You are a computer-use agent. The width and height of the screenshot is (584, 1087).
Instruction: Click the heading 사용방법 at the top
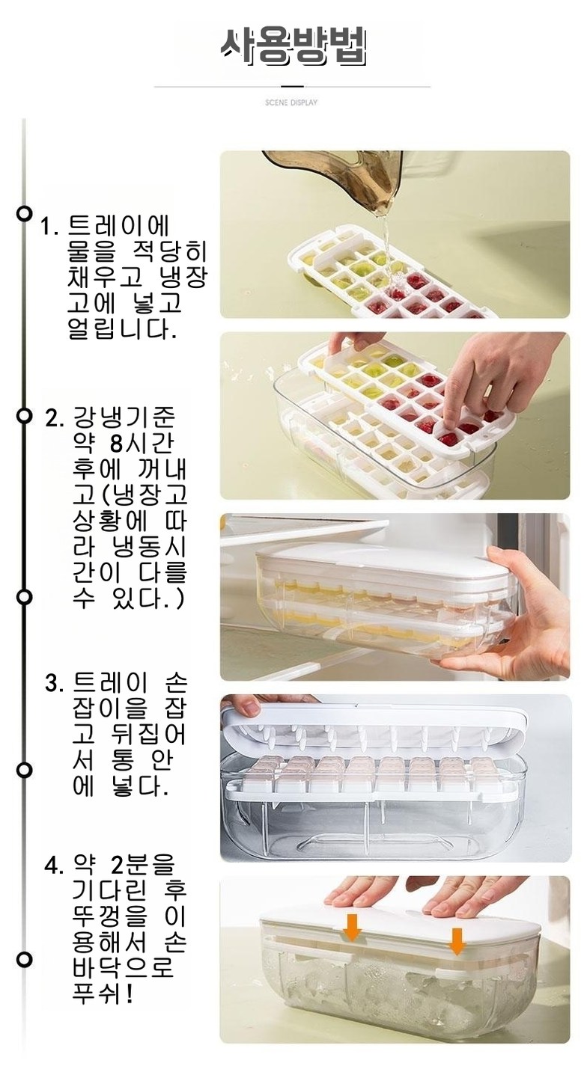point(293,48)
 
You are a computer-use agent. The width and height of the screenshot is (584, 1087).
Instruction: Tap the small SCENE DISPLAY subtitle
point(291,102)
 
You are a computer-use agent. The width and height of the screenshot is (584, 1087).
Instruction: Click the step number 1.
point(49,227)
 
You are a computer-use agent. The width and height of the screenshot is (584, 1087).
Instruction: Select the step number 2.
point(55,417)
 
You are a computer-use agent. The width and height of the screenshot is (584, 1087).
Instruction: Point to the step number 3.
point(55,684)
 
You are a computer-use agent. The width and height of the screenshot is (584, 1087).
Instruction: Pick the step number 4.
point(55,866)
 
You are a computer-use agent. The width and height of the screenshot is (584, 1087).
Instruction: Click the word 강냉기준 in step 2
point(124,417)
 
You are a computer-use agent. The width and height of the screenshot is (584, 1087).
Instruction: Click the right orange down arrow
point(456,941)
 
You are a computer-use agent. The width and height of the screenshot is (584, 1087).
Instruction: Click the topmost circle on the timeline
point(23,213)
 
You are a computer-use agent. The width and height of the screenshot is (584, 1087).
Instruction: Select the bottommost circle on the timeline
point(23,959)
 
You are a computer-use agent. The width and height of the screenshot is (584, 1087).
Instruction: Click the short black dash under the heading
point(292,87)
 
